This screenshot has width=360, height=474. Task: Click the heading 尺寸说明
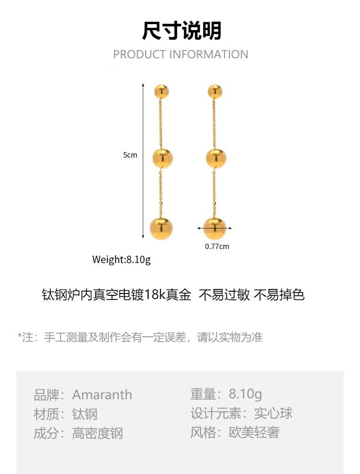click(x=181, y=31)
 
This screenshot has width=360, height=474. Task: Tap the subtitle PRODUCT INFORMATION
click(x=180, y=54)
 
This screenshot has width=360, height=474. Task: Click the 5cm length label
click(x=130, y=155)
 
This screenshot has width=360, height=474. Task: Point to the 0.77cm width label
click(x=217, y=247)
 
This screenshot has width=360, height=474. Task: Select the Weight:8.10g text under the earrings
click(x=121, y=260)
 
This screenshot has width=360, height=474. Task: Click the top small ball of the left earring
click(x=161, y=92)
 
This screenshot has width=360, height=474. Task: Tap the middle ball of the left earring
click(x=162, y=158)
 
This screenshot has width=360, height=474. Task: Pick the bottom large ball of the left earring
click(x=161, y=228)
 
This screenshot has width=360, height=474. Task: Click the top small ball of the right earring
click(x=215, y=92)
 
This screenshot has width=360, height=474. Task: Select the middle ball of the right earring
click(x=216, y=158)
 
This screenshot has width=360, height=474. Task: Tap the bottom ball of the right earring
click(x=215, y=228)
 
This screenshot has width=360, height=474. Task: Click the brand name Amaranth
click(x=102, y=395)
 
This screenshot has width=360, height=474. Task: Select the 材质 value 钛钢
click(x=85, y=414)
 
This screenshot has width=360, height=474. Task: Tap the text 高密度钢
click(x=98, y=433)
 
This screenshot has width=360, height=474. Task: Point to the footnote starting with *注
click(x=140, y=337)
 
